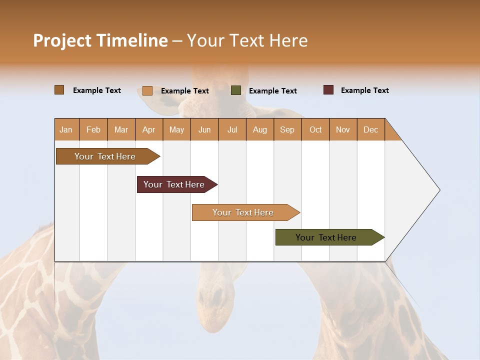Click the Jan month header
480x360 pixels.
(x=66, y=129)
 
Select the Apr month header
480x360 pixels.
(x=149, y=129)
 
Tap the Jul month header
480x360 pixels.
(x=232, y=129)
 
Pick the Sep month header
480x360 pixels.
(x=287, y=129)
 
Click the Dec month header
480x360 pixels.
(x=370, y=129)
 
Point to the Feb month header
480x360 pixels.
(x=93, y=129)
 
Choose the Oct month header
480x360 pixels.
(x=315, y=129)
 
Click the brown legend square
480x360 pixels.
(x=59, y=90)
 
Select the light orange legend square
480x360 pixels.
(x=147, y=90)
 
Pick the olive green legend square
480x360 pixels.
(x=236, y=90)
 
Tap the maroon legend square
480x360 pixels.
(x=328, y=90)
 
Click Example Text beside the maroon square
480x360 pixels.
(x=364, y=90)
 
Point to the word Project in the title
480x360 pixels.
(x=62, y=40)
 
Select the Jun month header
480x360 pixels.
(x=204, y=129)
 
